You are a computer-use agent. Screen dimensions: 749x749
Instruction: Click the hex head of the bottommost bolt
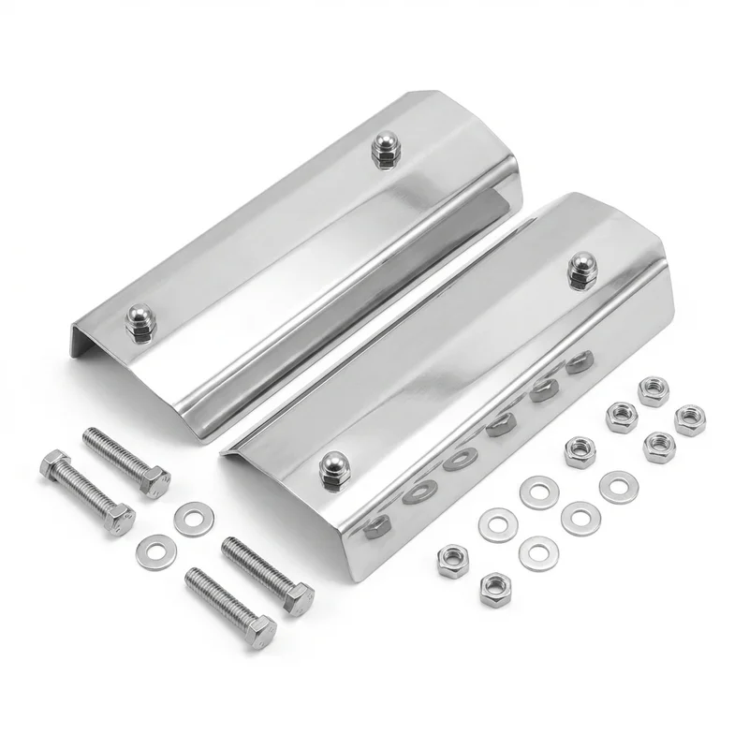[260, 630]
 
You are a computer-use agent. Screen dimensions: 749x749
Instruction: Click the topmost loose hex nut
[653, 389]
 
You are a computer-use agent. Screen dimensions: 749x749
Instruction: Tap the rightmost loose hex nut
[690, 419]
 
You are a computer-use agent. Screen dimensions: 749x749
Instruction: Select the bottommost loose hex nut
[495, 590]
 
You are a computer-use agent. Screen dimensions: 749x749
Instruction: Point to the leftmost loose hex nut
[453, 562]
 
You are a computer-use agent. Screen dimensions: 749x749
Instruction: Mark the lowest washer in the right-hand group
[537, 551]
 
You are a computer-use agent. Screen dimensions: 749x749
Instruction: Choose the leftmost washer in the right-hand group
[496, 521]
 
